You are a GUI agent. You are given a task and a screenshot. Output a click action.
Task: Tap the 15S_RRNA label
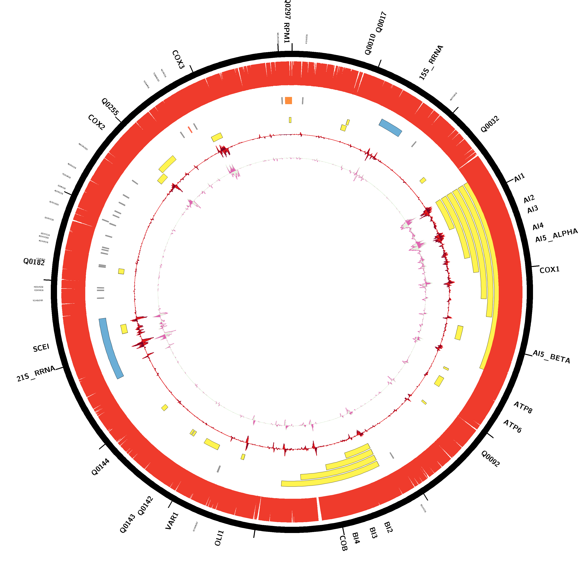pos(431,62)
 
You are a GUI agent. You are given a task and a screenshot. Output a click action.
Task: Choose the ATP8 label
pos(523,407)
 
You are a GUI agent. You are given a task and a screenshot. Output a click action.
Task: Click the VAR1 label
pos(172,521)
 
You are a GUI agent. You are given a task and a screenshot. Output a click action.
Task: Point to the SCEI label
pos(41,348)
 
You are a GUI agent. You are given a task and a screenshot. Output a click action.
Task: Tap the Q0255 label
pos(110,106)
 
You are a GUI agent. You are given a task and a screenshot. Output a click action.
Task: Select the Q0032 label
pos(490,124)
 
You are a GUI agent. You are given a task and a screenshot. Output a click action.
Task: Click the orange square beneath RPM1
pos(288,100)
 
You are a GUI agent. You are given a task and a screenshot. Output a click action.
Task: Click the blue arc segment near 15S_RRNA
pos(390,127)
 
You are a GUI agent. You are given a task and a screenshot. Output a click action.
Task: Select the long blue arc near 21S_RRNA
pos(111,348)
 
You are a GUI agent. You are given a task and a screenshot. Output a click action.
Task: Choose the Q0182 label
pos(34,262)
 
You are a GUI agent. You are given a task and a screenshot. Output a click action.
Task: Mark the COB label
pos(343,543)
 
